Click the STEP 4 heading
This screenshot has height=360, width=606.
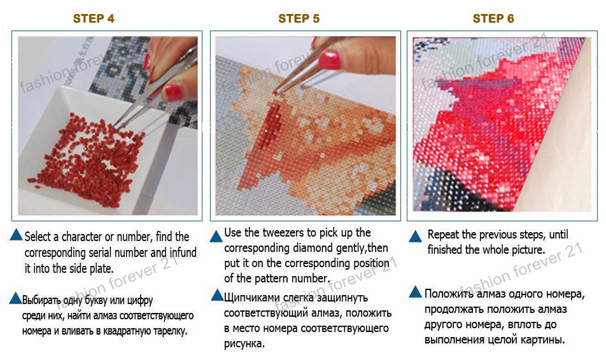pyautogui.click(x=94, y=18)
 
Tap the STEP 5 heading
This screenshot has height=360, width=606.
pyautogui.click(x=299, y=18)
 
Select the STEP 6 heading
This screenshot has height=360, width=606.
pyautogui.click(x=493, y=18)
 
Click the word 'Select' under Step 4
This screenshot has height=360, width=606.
pyautogui.click(x=38, y=237)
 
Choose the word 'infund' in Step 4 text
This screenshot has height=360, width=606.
pyautogui.click(x=183, y=253)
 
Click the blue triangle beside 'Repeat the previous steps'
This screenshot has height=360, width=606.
pyautogui.click(x=415, y=236)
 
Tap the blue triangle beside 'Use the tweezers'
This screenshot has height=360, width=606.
pyautogui.click(x=217, y=236)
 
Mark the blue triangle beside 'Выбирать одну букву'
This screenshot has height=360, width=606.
pyautogui.click(x=15, y=298)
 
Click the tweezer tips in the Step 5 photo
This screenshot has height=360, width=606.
pyautogui.click(x=275, y=93)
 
